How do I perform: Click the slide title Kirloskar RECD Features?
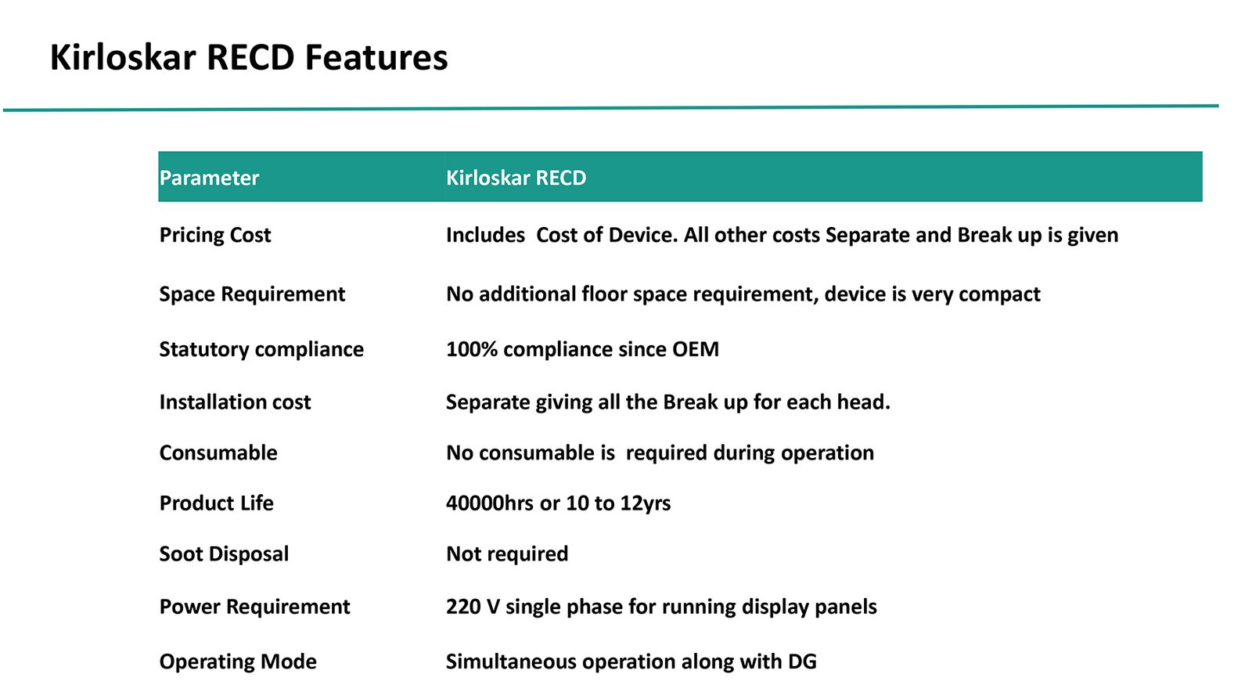[x=249, y=57]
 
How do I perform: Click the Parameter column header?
[x=209, y=178]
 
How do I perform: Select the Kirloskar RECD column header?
[x=516, y=178]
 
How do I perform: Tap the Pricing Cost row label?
[x=215, y=236]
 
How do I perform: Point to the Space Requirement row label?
[x=252, y=294]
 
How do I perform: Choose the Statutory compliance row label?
[x=261, y=349]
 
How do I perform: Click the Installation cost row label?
[x=235, y=402]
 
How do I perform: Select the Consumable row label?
[x=218, y=452]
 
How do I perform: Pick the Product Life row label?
[x=216, y=503]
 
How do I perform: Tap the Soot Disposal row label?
[x=224, y=554]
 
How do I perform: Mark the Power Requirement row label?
[x=255, y=607]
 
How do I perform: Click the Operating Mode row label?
[x=238, y=662]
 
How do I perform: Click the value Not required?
[x=507, y=554]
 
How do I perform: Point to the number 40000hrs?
[x=490, y=503]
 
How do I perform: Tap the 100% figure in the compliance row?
[x=472, y=349]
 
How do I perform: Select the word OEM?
[x=696, y=349]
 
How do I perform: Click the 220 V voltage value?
[x=473, y=607]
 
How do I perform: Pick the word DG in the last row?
[x=802, y=662]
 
